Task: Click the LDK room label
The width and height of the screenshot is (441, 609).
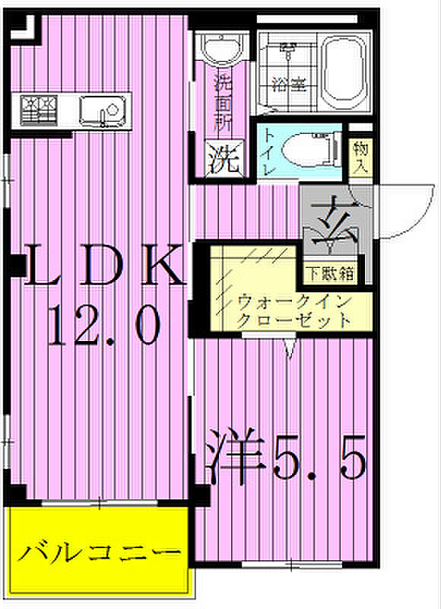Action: [104, 265]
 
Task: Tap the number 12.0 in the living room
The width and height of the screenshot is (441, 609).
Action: [104, 326]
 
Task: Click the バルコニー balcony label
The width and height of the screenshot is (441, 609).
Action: [100, 553]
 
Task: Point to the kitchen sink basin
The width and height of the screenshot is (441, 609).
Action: [103, 111]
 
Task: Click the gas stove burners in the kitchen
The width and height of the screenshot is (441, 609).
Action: [39, 110]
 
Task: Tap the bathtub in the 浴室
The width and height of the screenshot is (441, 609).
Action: [343, 72]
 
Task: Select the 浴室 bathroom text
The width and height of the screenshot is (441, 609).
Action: [289, 83]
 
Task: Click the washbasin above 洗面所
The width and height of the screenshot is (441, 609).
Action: [221, 46]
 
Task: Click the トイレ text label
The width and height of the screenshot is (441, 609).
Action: [270, 151]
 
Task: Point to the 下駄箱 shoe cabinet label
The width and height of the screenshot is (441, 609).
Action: [331, 274]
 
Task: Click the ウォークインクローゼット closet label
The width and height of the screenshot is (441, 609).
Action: [294, 311]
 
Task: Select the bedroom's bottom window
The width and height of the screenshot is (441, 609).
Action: [292, 564]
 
